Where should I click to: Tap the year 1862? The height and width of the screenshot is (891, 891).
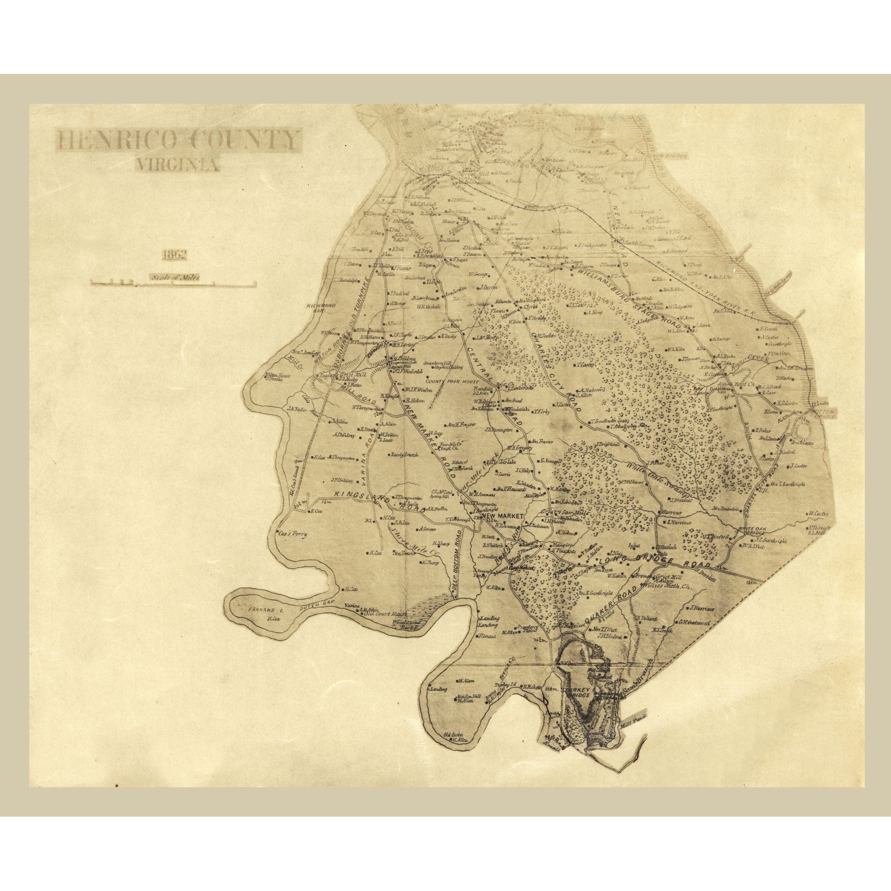click(174, 255)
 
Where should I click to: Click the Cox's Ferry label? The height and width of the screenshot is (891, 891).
click(293, 534)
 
